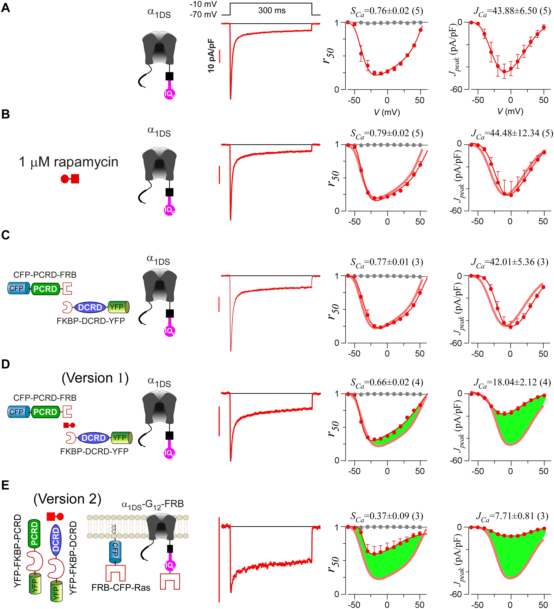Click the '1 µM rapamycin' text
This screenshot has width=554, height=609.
(x=69, y=162)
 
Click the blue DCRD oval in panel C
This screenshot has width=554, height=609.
(x=90, y=307)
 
